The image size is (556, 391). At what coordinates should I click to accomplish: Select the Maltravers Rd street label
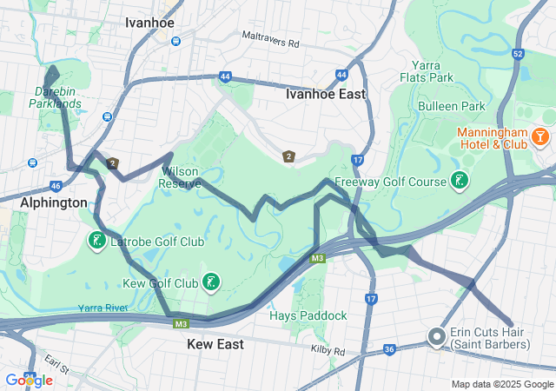tap(270, 42)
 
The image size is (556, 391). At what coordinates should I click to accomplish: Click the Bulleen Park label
tap(463, 106)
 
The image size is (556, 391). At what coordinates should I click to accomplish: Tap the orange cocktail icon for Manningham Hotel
tap(540, 136)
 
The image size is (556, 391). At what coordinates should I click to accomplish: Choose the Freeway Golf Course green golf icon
tap(459, 181)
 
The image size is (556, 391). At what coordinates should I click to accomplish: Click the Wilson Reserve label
tap(181, 177)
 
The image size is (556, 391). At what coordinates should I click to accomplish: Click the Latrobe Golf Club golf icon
tap(96, 240)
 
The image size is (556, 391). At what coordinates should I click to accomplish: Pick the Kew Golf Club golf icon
tap(210, 281)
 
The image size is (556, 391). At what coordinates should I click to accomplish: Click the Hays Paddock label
tap(308, 315)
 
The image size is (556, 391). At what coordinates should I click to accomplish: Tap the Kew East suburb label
tap(215, 344)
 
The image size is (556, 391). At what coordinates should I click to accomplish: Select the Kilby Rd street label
tap(328, 350)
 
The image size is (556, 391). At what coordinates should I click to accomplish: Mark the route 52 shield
tap(517, 54)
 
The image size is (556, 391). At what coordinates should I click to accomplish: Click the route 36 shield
tap(389, 349)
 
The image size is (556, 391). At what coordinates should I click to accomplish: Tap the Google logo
tap(29, 380)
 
